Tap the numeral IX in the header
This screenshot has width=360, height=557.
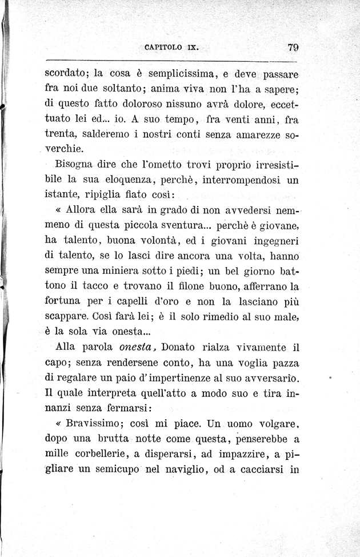coord(191,48)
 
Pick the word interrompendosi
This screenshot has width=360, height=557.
coord(239,180)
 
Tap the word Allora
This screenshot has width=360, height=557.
coord(84,209)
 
